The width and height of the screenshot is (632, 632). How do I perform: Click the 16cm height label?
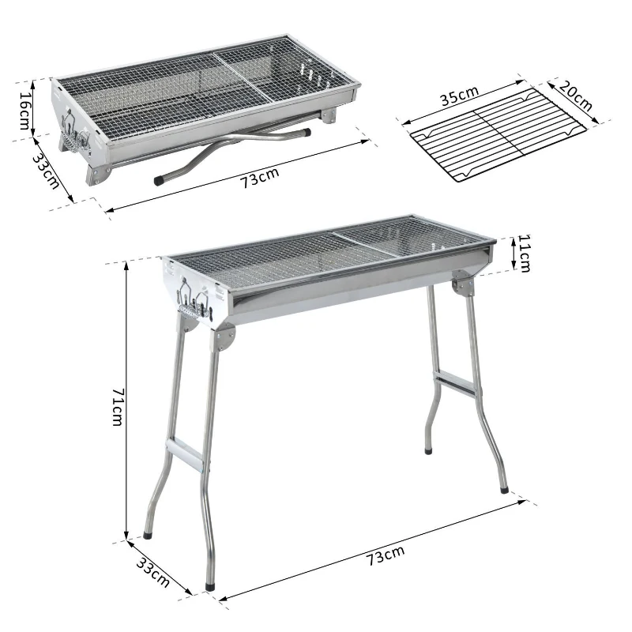pyautogui.click(x=24, y=110)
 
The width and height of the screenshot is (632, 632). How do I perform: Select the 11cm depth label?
pyautogui.click(x=524, y=254)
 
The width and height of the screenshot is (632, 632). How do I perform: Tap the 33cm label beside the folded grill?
pyautogui.click(x=45, y=170)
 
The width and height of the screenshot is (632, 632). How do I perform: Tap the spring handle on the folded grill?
pyautogui.click(x=72, y=136)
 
